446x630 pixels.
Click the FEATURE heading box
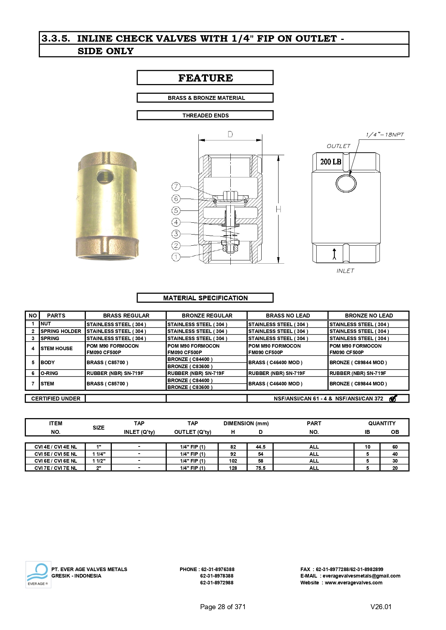pyautogui.click(x=205, y=78)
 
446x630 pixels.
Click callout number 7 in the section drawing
pyautogui.click(x=176, y=186)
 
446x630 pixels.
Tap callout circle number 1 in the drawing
pyautogui.click(x=176, y=257)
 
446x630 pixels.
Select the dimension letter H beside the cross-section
pyautogui.click(x=279, y=209)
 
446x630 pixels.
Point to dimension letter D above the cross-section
pyautogui.click(x=230, y=134)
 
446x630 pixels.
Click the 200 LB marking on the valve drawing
pyautogui.click(x=331, y=162)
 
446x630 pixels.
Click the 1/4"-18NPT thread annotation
pyautogui.click(x=385, y=135)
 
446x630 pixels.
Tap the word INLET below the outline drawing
pyautogui.click(x=345, y=271)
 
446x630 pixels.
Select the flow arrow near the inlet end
pyautogui.click(x=335, y=254)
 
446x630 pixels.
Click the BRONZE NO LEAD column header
pyautogui.click(x=369, y=315)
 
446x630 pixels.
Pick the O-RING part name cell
pyautogui.click(x=50, y=373)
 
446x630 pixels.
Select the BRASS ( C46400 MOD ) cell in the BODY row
pyautogui.click(x=275, y=362)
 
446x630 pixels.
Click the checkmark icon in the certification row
pyautogui.click(x=393, y=398)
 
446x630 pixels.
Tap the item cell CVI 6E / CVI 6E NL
pyautogui.click(x=56, y=461)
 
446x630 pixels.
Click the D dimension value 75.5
pyautogui.click(x=261, y=468)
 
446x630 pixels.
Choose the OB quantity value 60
pyautogui.click(x=395, y=447)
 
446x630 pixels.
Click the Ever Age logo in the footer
pyautogui.click(x=38, y=574)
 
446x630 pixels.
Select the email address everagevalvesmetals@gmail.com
pyautogui.click(x=361, y=576)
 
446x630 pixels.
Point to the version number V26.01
pyautogui.click(x=381, y=607)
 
